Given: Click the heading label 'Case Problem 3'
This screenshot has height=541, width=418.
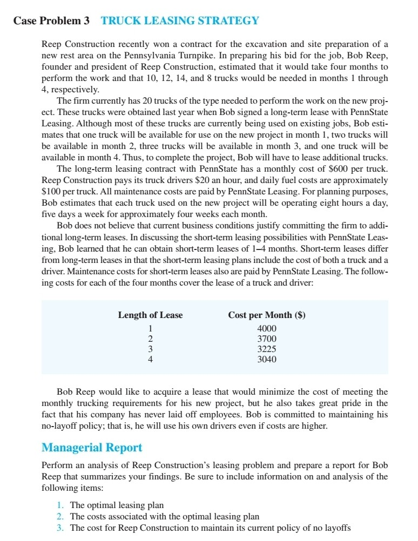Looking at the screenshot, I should pyautogui.click(x=52, y=21).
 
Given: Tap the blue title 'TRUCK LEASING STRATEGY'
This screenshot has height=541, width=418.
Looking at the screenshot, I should pyautogui.click(x=180, y=21).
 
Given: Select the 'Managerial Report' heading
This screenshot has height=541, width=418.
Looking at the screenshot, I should pyautogui.click(x=92, y=448).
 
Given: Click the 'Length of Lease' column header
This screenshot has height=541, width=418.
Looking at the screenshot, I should pyautogui.click(x=150, y=315).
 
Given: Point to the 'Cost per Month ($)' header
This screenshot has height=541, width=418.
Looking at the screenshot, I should pyautogui.click(x=267, y=315).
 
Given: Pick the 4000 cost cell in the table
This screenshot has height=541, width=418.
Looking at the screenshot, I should pyautogui.click(x=267, y=329).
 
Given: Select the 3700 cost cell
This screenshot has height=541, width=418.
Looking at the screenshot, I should pyautogui.click(x=267, y=339).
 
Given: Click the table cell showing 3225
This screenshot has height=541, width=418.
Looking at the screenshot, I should pyautogui.click(x=267, y=349).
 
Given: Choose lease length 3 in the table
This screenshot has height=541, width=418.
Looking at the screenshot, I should pyautogui.click(x=151, y=349).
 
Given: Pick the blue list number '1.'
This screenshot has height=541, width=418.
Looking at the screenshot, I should pyautogui.click(x=60, y=506).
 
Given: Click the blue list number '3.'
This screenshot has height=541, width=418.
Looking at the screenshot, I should pyautogui.click(x=60, y=528).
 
